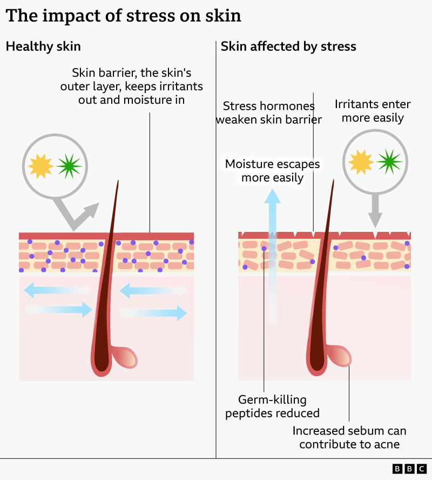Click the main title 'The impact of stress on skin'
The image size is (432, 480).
(123, 16)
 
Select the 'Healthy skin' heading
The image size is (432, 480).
(43, 46)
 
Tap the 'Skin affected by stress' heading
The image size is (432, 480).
(288, 46)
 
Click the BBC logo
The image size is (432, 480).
(409, 469)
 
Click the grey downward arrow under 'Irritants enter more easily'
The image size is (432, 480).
(375, 211)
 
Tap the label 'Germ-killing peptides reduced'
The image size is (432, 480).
(272, 407)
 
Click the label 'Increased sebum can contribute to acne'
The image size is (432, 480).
(349, 438)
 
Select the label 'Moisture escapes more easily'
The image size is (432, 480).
(272, 170)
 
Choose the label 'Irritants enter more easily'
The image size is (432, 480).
(373, 111)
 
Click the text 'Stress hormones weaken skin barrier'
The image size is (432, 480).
(269, 112)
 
